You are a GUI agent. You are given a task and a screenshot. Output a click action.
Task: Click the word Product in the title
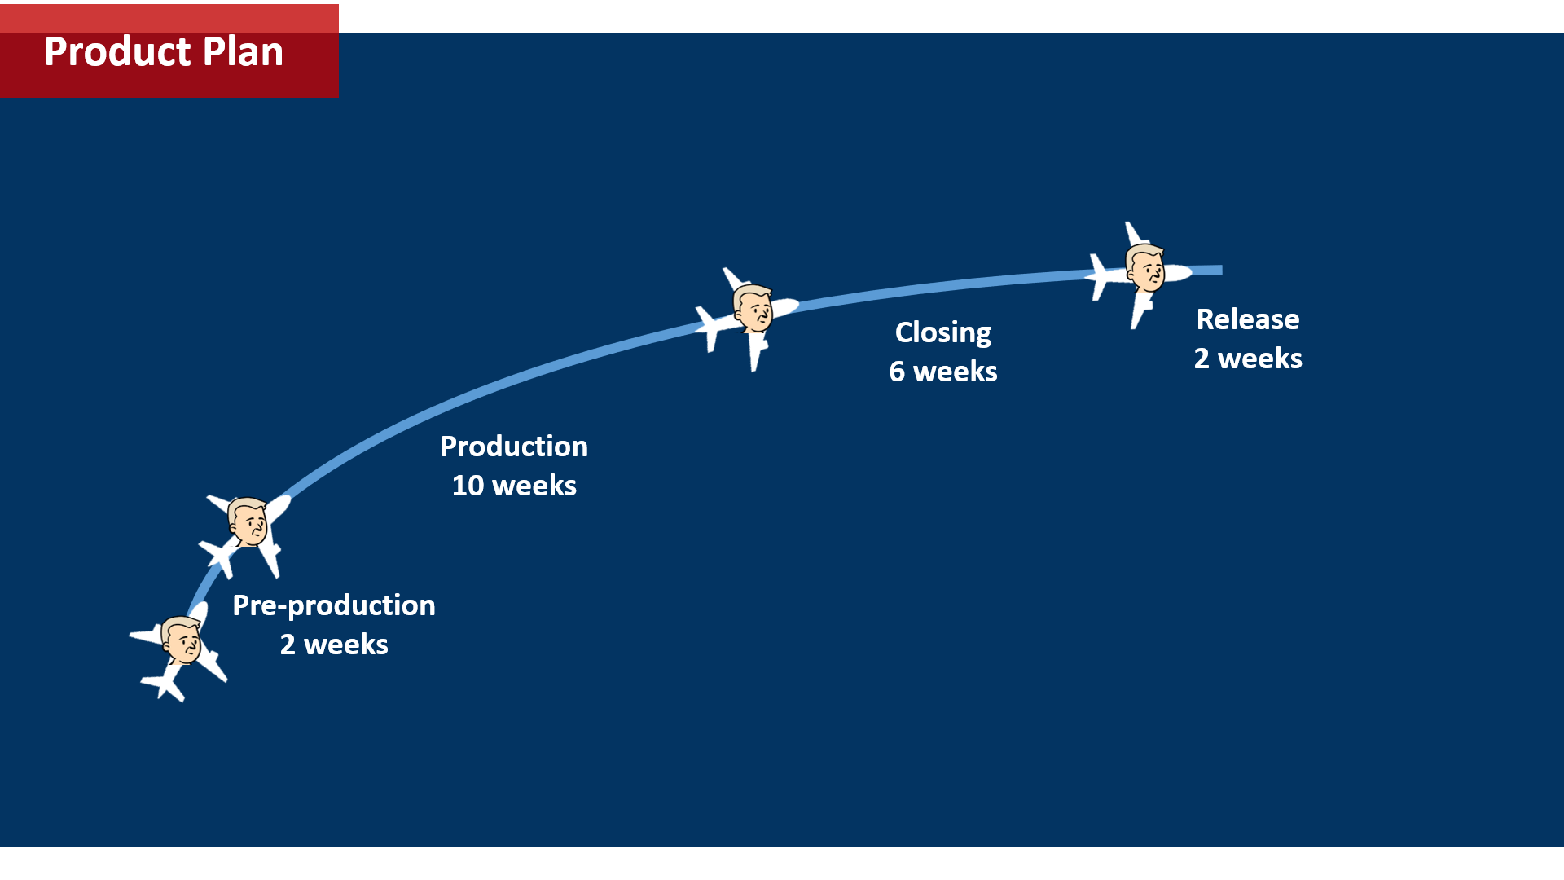[x=117, y=52]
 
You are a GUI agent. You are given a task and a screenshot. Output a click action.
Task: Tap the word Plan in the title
[x=243, y=52]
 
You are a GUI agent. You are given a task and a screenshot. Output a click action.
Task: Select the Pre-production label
[x=334, y=605]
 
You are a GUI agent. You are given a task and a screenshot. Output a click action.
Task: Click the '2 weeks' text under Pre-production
[x=334, y=645]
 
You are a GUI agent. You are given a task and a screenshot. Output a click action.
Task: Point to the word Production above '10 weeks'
[x=514, y=447]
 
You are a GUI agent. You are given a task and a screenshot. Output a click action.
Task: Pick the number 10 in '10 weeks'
[x=468, y=486]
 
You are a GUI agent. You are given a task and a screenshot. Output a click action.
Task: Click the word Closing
[x=942, y=332]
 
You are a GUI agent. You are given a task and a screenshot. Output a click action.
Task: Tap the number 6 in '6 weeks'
[x=897, y=372]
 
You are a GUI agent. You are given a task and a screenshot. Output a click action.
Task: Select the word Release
[x=1247, y=319]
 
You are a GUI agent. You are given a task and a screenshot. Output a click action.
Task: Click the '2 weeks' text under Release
[x=1247, y=359]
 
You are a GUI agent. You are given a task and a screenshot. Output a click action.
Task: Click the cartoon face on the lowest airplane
[x=181, y=640]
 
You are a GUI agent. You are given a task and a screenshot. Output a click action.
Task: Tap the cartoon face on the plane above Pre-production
[x=248, y=521]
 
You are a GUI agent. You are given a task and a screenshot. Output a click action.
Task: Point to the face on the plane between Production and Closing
[x=753, y=308]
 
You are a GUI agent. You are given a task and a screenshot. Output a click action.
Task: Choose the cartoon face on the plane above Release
[x=1146, y=267]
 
